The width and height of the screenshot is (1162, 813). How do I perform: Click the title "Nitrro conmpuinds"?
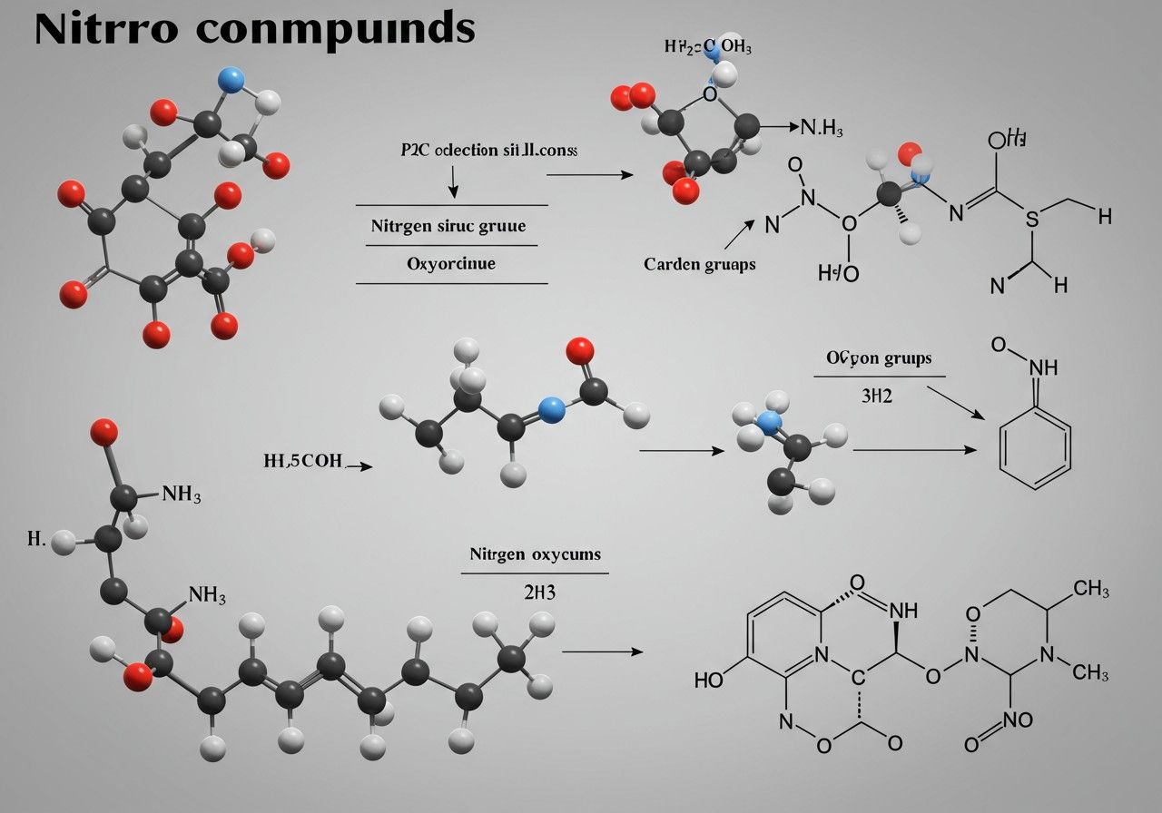(x=254, y=29)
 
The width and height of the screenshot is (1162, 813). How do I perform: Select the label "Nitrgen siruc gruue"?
(x=448, y=226)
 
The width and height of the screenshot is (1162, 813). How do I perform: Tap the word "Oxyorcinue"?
(x=450, y=265)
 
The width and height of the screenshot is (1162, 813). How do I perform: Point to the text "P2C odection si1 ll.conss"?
(x=488, y=151)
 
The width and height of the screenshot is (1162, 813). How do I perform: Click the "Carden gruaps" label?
(x=699, y=264)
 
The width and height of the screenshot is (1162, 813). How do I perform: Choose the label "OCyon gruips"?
(x=878, y=358)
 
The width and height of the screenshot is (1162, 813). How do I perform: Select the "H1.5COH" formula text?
(x=303, y=461)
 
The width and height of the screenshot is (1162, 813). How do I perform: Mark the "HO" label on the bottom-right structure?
(x=710, y=680)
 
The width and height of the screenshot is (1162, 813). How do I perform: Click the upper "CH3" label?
(x=1090, y=590)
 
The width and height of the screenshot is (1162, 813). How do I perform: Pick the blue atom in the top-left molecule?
(x=232, y=81)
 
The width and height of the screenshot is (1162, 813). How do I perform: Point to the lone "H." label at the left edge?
(x=35, y=539)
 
